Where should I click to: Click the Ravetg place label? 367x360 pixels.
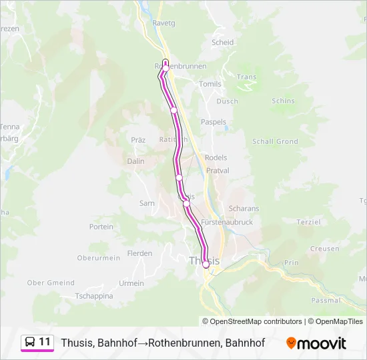[163, 23]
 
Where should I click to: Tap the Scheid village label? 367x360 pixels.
[222, 42]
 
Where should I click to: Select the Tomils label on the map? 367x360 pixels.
[210, 84]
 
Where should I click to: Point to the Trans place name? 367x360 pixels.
[246, 77]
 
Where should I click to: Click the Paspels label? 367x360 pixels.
[214, 123]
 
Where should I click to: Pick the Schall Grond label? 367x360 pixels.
[275, 141]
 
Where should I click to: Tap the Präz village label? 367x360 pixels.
[138, 140]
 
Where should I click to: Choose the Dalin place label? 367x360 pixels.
[135, 161]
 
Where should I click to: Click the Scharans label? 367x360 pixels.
[244, 209]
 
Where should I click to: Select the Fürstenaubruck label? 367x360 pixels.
[227, 223]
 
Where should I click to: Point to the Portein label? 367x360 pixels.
[101, 227]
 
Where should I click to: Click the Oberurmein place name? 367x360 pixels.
[98, 258]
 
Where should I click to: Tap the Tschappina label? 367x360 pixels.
[94, 295]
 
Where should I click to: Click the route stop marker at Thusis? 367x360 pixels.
[206, 265]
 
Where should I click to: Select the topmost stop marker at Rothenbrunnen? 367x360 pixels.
[165, 68]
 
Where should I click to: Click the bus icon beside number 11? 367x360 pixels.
[30, 342]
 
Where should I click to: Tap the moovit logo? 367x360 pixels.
[316, 343]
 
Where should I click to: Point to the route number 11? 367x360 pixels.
[45, 342]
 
